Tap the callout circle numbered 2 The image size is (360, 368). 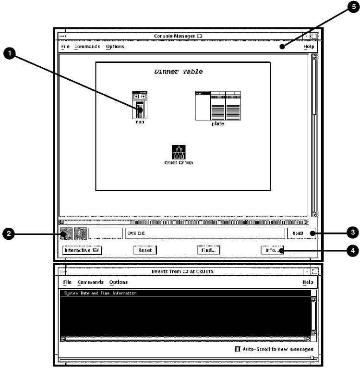point(9,234)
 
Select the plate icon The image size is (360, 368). point(217,106)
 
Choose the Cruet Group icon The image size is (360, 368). point(179,152)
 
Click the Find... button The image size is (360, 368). point(208,250)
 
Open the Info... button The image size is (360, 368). point(272,250)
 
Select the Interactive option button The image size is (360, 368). point(82,250)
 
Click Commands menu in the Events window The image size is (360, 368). point(90,282)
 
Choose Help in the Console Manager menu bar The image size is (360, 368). point(308,47)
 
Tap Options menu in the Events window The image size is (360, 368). point(118,282)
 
